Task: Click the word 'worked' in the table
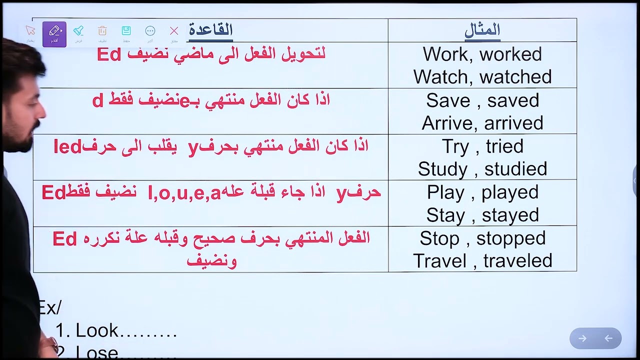pos(510,54)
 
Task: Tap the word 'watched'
pos(515,77)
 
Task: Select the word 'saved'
pos(513,100)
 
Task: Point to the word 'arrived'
pos(513,123)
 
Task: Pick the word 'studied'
pos(515,169)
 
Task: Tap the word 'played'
pos(510,192)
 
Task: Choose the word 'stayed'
pos(510,215)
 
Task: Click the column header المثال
pos(482,30)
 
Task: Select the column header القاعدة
pos(210,30)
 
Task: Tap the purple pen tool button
pos(54,33)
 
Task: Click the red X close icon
pos(174,31)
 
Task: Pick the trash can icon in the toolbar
pos(102,31)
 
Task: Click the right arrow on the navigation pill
pos(582,338)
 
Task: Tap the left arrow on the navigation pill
pos(608,338)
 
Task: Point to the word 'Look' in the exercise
pos(97,330)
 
